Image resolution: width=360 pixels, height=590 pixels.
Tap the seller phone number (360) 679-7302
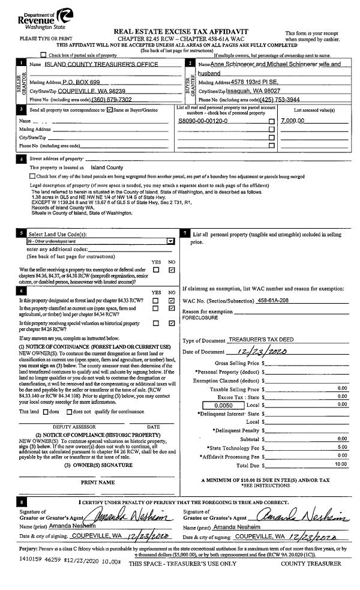coord(112,99)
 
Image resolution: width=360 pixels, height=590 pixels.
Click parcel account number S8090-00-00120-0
coord(203,121)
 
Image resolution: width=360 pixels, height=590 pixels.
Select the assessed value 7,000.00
coord(293,121)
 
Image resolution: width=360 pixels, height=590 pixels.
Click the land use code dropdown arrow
coord(170,241)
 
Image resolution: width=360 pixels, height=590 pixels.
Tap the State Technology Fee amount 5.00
coord(342,447)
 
